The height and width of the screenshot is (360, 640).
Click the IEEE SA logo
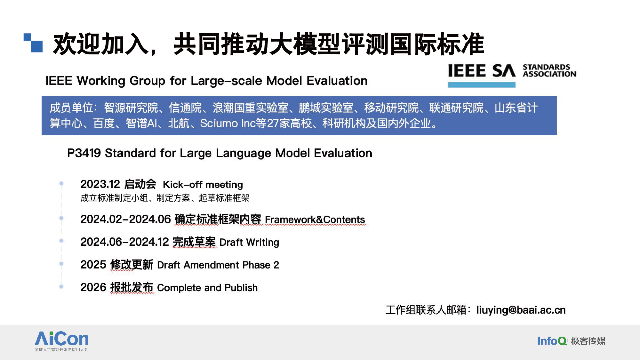[x=512, y=75]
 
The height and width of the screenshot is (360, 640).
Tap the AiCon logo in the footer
[x=61, y=341]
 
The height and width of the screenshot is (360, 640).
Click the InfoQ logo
[x=571, y=341]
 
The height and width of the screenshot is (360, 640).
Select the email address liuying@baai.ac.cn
[x=521, y=310]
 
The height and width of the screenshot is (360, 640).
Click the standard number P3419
[x=84, y=153]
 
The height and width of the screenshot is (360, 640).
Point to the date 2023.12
[x=100, y=184]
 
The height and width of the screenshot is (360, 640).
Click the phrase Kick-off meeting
[x=203, y=185]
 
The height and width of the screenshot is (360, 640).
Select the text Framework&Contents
[x=315, y=220]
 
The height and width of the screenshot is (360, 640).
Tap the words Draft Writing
[x=249, y=242]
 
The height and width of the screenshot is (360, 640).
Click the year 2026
[x=93, y=287]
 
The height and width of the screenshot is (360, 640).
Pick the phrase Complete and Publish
[x=207, y=288]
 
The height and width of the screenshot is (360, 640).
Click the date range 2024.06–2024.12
[x=124, y=242]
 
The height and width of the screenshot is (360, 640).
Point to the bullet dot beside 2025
[x=61, y=264]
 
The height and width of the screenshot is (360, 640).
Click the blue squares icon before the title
[x=33, y=43]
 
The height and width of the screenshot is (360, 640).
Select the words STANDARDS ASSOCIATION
[x=549, y=71]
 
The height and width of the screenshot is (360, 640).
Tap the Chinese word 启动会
[x=140, y=184]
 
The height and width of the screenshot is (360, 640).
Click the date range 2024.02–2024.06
[x=125, y=219]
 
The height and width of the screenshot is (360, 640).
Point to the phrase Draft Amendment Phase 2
[x=218, y=265]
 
